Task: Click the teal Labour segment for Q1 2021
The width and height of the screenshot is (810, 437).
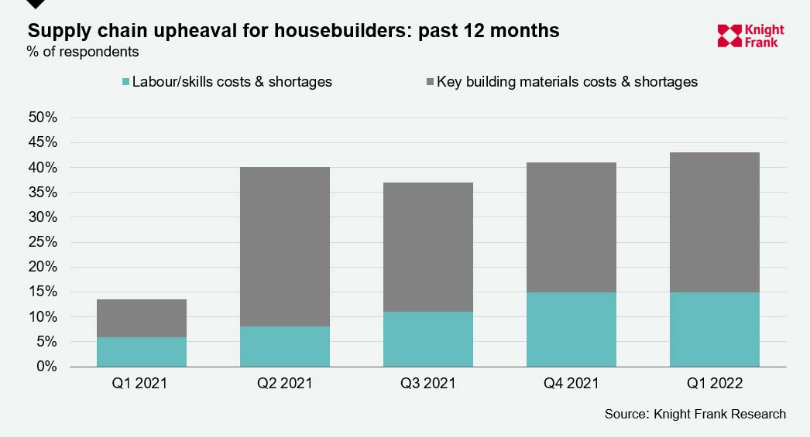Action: tap(142, 351)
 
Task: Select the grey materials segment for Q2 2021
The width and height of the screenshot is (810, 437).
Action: tap(285, 246)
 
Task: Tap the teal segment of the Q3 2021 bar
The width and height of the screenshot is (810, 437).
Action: tap(428, 339)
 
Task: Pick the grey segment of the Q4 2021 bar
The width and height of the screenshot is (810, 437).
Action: tap(571, 227)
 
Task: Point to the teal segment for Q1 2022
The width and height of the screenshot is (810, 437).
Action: tap(715, 329)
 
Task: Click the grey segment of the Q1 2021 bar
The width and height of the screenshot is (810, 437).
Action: tap(142, 318)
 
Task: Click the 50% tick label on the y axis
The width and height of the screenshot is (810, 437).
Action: tap(43, 118)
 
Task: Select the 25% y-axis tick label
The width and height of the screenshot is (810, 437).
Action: tap(43, 242)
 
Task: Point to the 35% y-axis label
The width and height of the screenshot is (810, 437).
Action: tap(43, 193)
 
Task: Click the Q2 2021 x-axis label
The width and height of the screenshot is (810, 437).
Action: tap(285, 384)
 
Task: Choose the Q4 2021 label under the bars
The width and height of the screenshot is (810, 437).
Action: tap(571, 384)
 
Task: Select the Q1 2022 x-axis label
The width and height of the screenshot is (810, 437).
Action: tap(715, 384)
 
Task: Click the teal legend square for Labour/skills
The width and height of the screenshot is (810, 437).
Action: tap(125, 82)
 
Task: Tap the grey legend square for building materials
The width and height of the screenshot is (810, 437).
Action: tap(430, 82)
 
